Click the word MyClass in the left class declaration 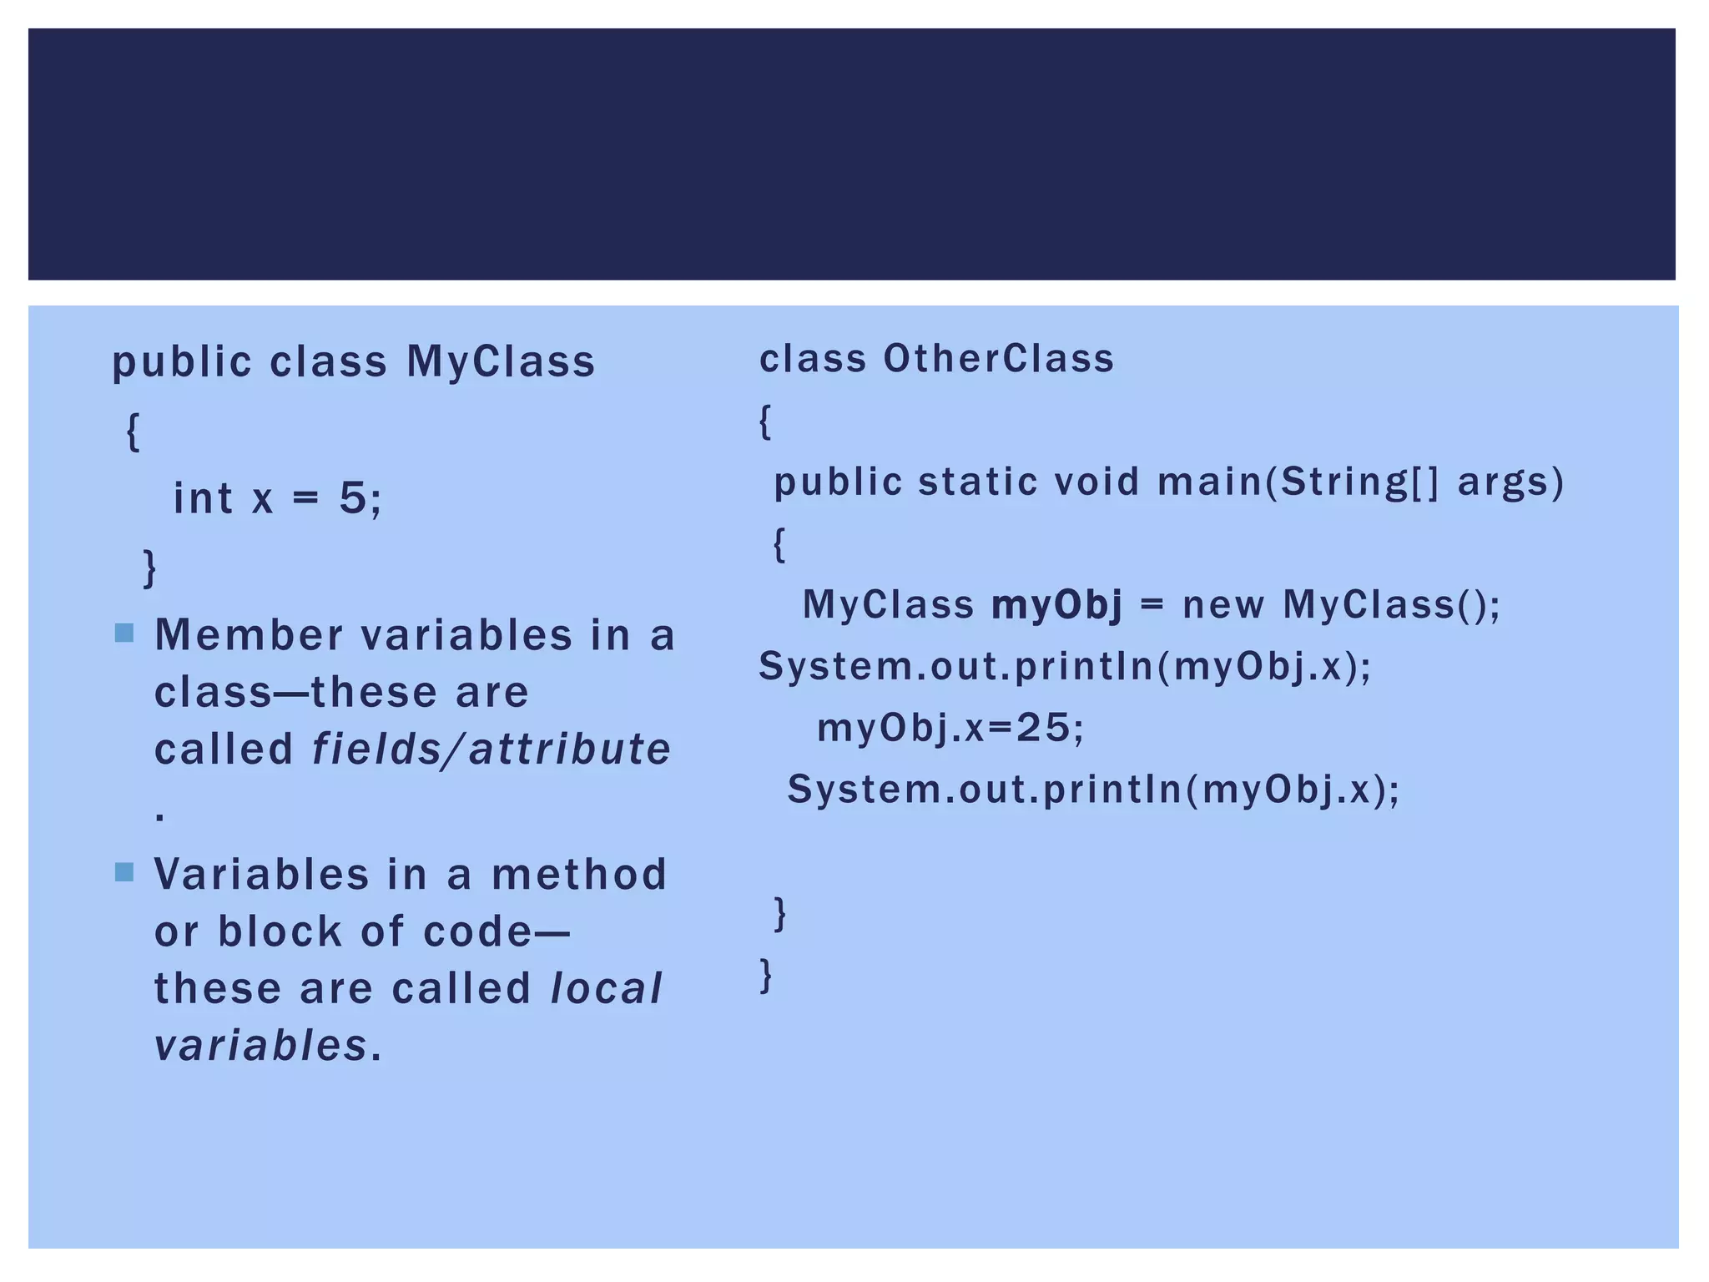tap(501, 362)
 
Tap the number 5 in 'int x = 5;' tap(353, 498)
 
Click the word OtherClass tap(999, 359)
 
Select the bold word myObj tap(1056, 604)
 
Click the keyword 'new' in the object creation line tap(1223, 604)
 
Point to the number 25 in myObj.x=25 tap(1043, 728)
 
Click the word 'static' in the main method tap(977, 482)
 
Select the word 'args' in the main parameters tap(1509, 482)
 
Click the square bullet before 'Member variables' tap(124, 633)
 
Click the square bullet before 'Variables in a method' tap(124, 872)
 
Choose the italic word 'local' tap(607, 988)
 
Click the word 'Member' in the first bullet tap(249, 635)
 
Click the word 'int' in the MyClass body tap(202, 498)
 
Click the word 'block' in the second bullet tap(280, 931)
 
